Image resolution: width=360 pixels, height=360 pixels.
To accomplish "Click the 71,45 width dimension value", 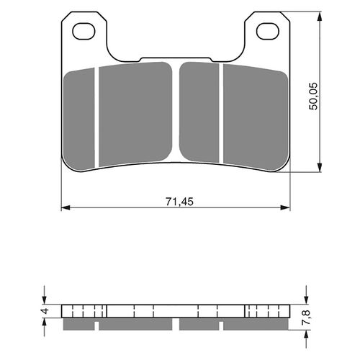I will click(176, 201).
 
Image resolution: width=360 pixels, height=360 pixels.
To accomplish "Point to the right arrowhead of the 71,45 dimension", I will click(286, 209).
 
